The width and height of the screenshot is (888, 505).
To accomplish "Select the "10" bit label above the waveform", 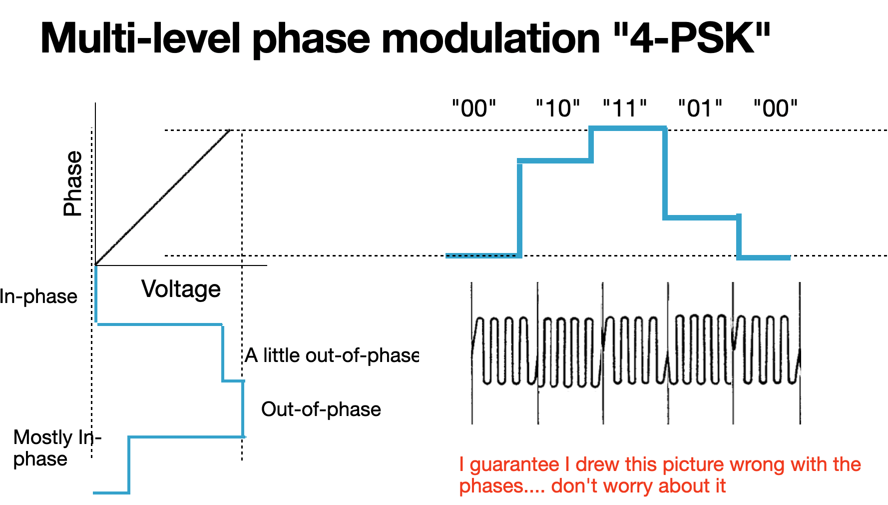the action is (558, 108).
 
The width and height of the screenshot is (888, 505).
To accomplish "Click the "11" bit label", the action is (625, 108).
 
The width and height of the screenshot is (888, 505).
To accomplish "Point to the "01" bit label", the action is (700, 108).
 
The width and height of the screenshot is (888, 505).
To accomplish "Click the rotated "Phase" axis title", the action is (73, 183).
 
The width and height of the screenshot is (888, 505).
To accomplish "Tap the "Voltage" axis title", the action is (181, 289).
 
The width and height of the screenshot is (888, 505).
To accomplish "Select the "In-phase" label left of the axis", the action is (38, 296).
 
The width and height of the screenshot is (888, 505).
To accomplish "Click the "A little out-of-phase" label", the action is (332, 355).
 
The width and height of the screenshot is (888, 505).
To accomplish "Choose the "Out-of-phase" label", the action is (321, 409).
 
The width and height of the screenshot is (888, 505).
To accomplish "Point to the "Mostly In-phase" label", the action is (57, 448).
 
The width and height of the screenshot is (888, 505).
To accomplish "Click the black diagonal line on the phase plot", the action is (162, 197).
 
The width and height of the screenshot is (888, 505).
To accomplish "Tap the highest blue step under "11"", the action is (628, 128).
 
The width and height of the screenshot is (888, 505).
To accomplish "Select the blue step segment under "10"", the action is (555, 160).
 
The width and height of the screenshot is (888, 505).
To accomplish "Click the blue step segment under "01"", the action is (702, 217).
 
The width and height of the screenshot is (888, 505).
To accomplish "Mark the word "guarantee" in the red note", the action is (514, 465).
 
